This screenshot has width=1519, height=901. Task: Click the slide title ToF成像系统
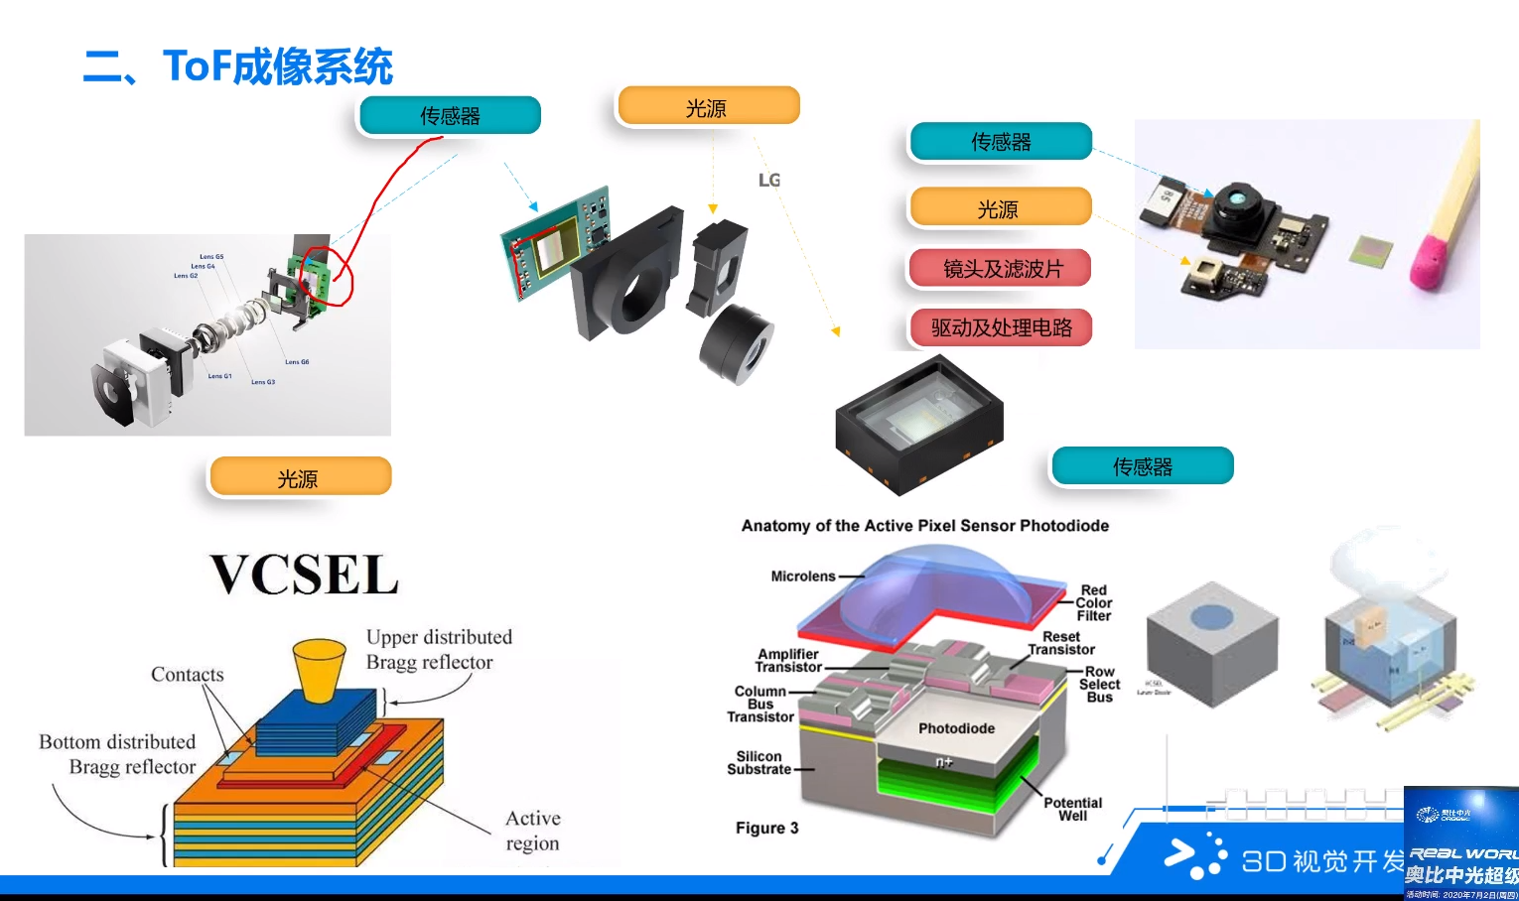[238, 66]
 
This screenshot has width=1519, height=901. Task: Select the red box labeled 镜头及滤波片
[1001, 269]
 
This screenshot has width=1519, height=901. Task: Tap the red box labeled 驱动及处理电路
[1001, 327]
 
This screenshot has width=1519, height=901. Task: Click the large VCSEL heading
[304, 575]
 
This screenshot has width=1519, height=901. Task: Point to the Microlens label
[803, 576]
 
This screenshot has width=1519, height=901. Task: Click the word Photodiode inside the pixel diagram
[956, 728]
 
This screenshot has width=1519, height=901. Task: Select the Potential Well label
[1072, 809]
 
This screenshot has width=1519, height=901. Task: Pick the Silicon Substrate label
[759, 762]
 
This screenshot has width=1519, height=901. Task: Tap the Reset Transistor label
[1061, 643]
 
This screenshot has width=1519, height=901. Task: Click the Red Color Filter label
[1094, 602]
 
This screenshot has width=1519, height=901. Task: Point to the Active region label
[532, 831]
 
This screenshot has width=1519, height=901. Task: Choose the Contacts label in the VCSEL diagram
[187, 675]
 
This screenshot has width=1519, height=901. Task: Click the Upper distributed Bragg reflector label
[438, 649]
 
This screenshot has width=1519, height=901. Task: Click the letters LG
[769, 180]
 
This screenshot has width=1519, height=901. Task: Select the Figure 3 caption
[766, 828]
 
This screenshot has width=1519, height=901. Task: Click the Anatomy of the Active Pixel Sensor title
[924, 526]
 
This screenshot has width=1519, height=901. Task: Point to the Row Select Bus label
[1099, 684]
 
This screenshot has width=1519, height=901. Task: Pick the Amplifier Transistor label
[788, 660]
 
